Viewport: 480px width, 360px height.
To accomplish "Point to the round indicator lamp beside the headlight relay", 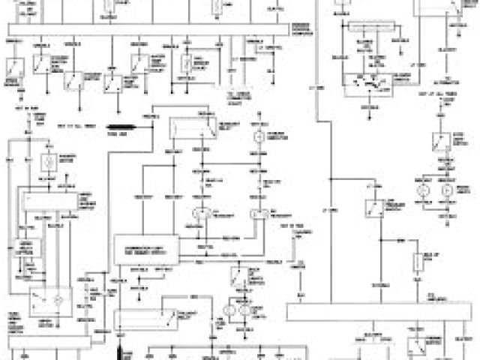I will tap(259, 137).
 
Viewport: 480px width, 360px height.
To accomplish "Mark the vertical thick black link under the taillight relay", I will tap(119, 349).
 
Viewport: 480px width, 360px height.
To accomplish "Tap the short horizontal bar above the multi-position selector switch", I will tap(367, 24).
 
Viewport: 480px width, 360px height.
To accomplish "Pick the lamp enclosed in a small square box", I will tap(48, 160).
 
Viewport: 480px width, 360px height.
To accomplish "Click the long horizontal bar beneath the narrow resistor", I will tap(382, 312).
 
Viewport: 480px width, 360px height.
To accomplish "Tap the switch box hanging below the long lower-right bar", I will tap(416, 345).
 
